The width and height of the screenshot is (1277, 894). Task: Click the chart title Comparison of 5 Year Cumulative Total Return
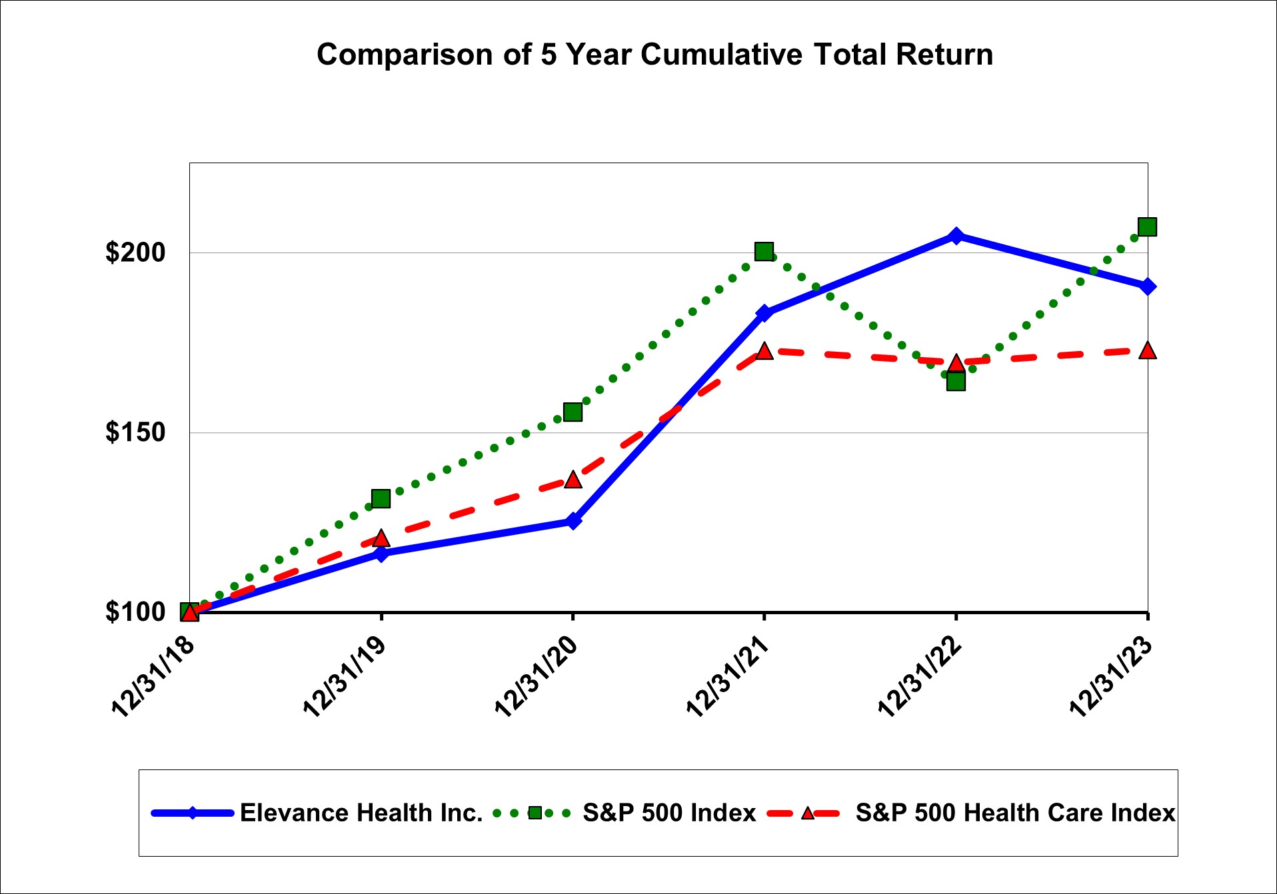coord(654,55)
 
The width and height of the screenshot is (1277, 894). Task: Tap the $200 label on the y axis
coord(135,252)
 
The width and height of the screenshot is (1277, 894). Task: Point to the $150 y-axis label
coord(135,432)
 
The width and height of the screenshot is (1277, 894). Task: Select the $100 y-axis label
coord(135,612)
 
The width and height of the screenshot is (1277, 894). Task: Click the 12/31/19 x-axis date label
coord(344,676)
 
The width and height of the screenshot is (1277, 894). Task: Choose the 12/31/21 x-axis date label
coord(727,676)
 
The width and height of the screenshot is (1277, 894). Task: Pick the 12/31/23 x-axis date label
coord(1110,676)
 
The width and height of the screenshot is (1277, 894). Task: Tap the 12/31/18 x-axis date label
coord(153,676)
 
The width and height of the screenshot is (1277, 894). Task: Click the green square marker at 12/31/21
coord(764,251)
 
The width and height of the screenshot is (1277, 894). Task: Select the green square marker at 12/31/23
coord(1147,227)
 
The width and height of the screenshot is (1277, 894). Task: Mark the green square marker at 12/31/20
coord(573,412)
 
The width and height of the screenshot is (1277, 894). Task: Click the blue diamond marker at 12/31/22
coord(956,235)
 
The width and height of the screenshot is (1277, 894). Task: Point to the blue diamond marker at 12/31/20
coord(573,521)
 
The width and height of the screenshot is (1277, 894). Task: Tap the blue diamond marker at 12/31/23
coord(1147,286)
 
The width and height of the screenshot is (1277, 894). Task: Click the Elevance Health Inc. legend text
coord(361,813)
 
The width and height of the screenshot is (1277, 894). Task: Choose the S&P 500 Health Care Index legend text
coord(1015,813)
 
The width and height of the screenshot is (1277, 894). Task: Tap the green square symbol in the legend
coord(535,813)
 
